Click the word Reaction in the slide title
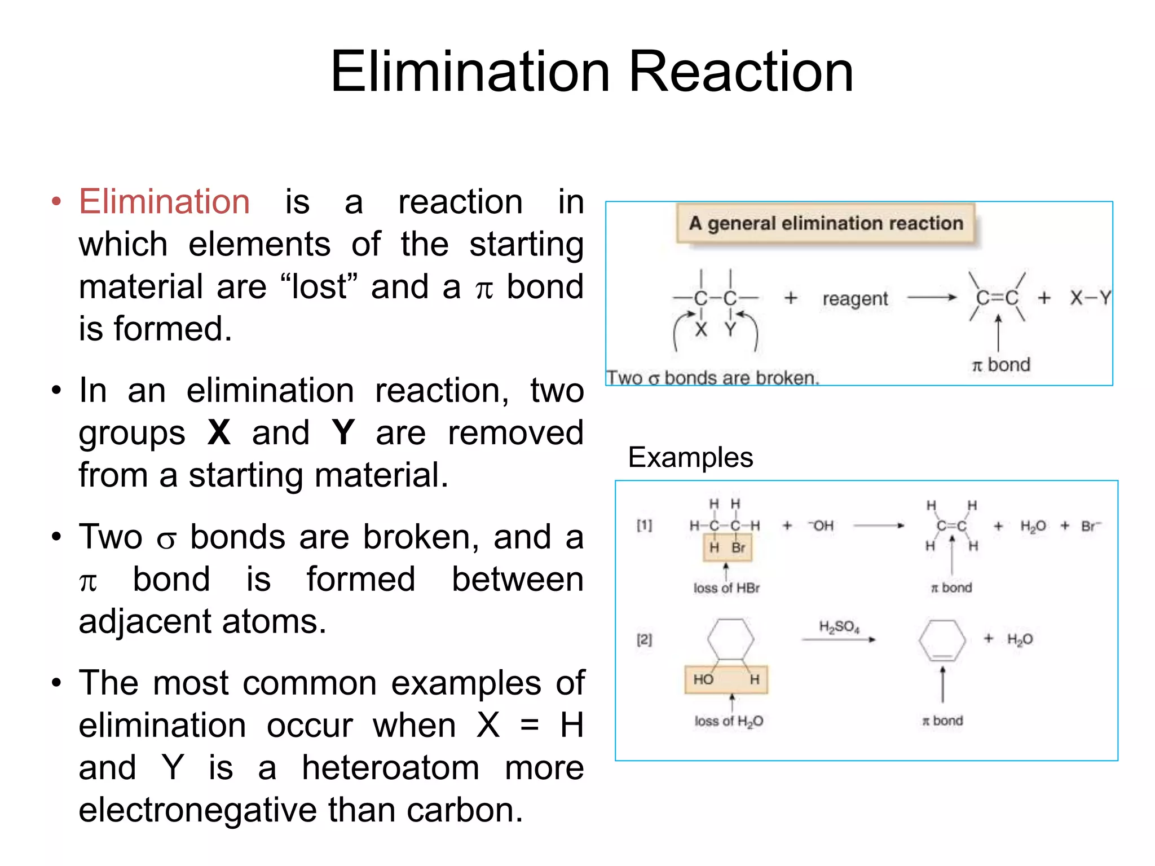pyautogui.click(x=740, y=72)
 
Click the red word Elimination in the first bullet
pyautogui.click(x=164, y=202)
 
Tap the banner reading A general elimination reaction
pyautogui.click(x=826, y=223)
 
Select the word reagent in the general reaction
pyautogui.click(x=855, y=299)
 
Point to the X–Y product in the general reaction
pyautogui.click(x=1090, y=298)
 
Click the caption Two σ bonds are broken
pyautogui.click(x=712, y=378)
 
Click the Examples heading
pyautogui.click(x=690, y=457)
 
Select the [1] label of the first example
pyautogui.click(x=644, y=525)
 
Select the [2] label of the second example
pyautogui.click(x=644, y=639)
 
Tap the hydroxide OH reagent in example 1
pyautogui.click(x=821, y=526)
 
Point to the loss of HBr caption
pyautogui.click(x=726, y=588)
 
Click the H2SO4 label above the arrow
pyautogui.click(x=839, y=627)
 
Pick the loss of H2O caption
pyautogui.click(x=729, y=721)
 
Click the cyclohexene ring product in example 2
pyautogui.click(x=942, y=640)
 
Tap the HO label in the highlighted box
pyautogui.click(x=703, y=679)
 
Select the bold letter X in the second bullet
pyautogui.click(x=219, y=433)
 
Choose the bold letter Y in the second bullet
pyautogui.click(x=343, y=433)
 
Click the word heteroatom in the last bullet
pyautogui.click(x=390, y=768)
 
